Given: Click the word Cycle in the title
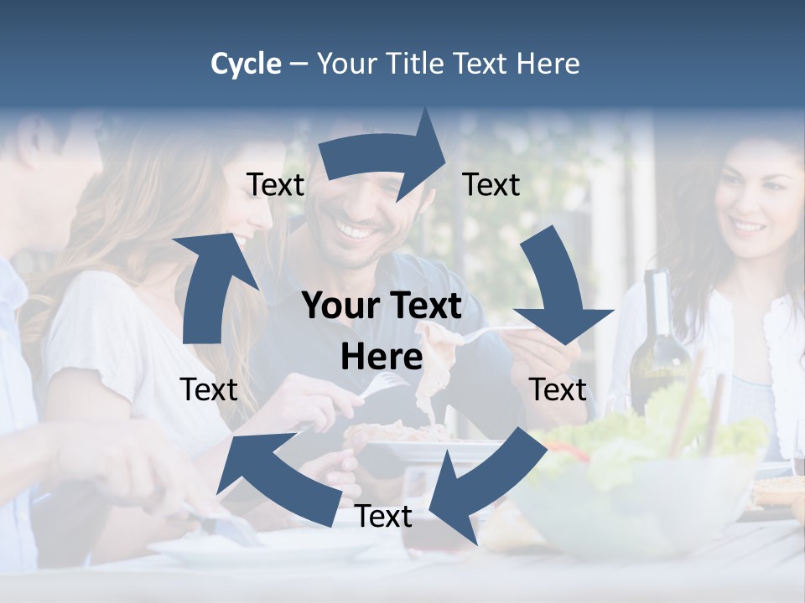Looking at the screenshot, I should [246, 64].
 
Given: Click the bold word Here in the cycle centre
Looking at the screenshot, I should [381, 358].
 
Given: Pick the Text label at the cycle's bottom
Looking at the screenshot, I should [383, 517].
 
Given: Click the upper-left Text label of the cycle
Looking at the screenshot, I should [275, 185].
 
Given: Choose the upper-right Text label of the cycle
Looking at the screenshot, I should [491, 185].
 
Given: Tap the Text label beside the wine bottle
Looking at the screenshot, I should [558, 389].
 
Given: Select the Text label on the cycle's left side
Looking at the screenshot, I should [209, 389].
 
